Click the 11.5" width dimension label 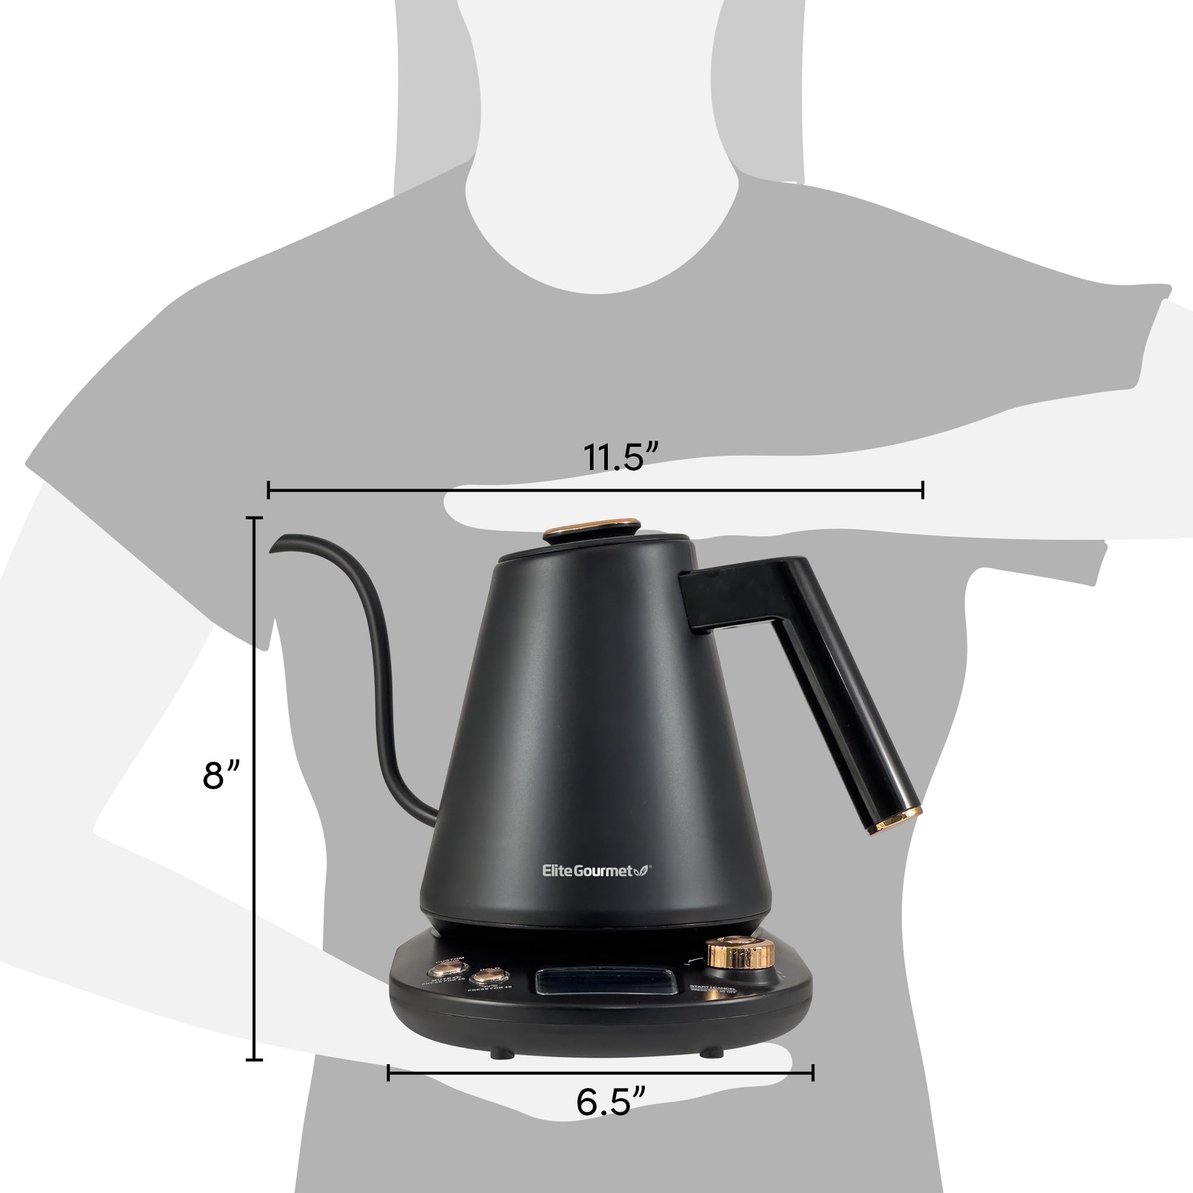click(x=621, y=458)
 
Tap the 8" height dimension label click(x=220, y=775)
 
